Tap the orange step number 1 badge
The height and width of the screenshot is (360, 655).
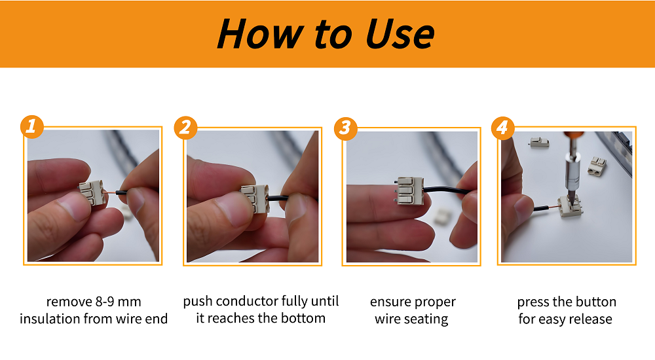point(30,127)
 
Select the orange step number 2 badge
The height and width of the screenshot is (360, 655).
point(185,127)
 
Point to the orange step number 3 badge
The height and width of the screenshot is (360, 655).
point(345,128)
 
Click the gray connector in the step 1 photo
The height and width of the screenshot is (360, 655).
point(92,194)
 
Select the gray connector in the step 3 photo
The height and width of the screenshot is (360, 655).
point(408,192)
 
